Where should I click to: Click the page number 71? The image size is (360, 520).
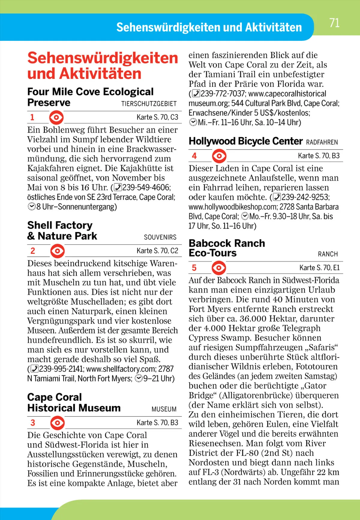point(334,23)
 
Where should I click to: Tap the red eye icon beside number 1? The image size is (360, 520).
point(56,117)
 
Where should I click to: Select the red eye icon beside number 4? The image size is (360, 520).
point(219,156)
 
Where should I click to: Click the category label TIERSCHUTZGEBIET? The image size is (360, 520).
point(149,104)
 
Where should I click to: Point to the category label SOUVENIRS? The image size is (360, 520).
point(160,237)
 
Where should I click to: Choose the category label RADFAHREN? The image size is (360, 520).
point(322,142)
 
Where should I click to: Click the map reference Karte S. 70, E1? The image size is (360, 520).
point(319,268)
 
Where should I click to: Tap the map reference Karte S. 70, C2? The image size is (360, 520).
point(157,251)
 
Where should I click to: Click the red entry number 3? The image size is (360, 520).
point(33,423)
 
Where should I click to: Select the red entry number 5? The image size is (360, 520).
point(194,268)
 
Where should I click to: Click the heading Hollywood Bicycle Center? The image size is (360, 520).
point(245,141)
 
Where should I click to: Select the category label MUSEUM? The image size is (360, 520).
point(164,409)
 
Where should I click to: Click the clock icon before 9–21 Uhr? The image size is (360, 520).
point(139,378)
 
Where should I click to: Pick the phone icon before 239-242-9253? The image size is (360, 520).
point(277,197)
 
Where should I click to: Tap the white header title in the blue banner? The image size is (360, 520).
point(209,27)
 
